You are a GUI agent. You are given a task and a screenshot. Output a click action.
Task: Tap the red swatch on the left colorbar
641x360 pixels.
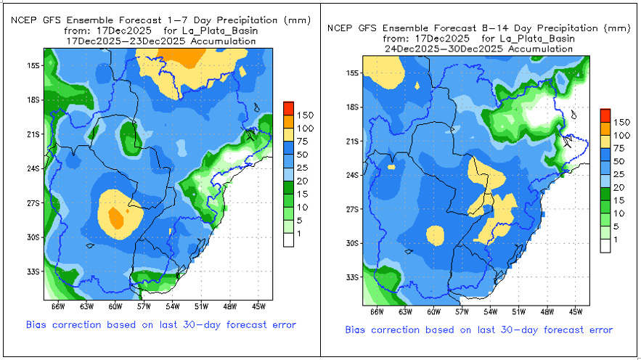(288, 108)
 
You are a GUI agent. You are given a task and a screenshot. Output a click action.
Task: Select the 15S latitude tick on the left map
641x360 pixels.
(32, 65)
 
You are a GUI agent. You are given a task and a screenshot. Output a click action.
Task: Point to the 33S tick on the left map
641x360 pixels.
(32, 271)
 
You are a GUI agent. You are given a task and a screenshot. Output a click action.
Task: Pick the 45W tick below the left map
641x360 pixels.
(259, 307)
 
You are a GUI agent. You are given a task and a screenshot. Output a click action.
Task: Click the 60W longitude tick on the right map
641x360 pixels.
(433, 312)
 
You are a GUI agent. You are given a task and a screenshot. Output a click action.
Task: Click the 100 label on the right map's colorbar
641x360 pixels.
(621, 135)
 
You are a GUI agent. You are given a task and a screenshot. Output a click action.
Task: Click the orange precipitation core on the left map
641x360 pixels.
(115, 216)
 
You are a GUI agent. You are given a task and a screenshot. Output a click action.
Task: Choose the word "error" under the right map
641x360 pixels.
(597, 330)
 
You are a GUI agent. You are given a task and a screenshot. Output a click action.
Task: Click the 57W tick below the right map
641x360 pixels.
(462, 312)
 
